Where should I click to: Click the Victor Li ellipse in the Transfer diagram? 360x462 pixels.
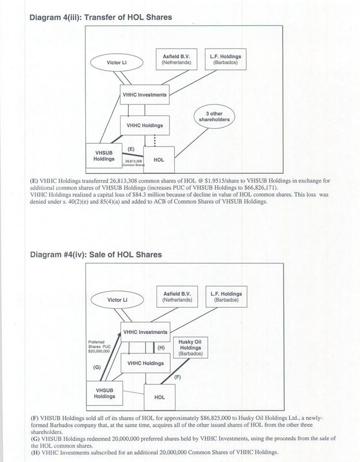117,62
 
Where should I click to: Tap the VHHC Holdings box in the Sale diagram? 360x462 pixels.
141,364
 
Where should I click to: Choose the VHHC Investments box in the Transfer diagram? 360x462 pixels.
145,95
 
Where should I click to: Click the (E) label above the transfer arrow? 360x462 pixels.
130,148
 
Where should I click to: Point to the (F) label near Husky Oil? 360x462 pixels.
177,377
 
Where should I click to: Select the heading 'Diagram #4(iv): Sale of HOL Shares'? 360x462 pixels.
97,255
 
